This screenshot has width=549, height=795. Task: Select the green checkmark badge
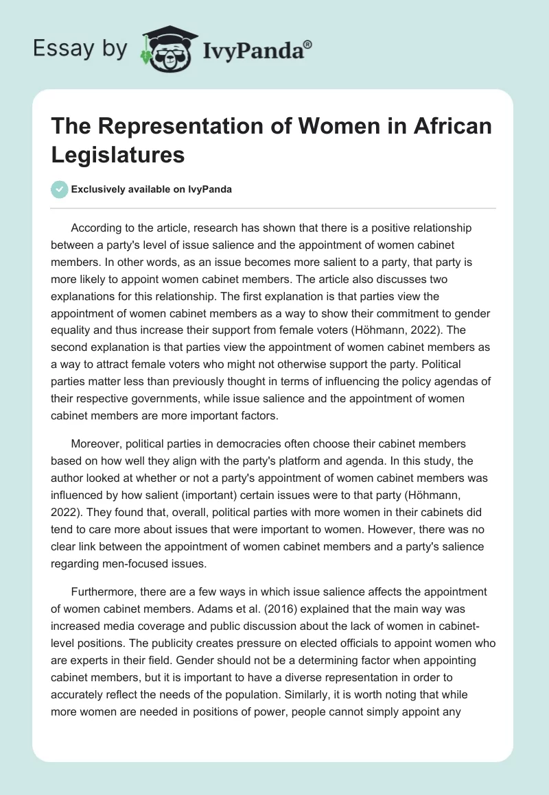(60, 189)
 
